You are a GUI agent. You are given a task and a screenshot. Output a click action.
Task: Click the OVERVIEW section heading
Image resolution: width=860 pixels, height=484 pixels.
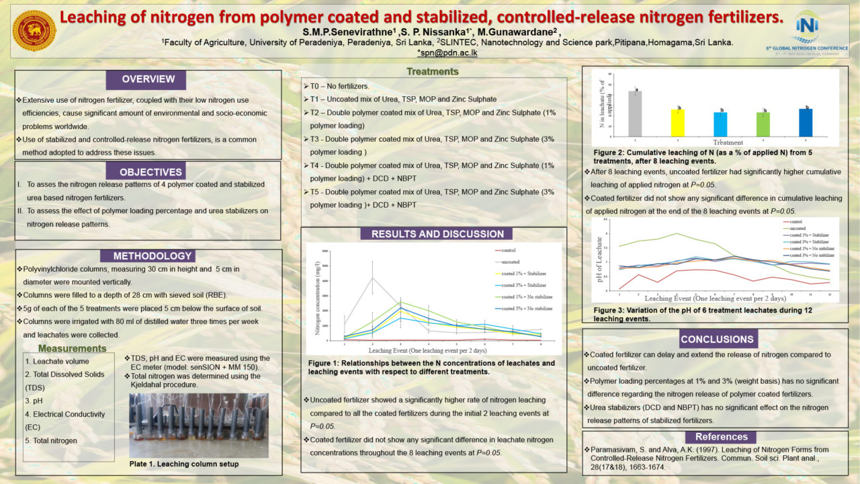pos(148,79)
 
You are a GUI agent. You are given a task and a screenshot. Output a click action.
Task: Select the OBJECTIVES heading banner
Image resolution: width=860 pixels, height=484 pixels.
pos(147,172)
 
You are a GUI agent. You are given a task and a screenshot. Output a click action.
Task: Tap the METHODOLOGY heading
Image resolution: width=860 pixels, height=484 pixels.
pos(148,256)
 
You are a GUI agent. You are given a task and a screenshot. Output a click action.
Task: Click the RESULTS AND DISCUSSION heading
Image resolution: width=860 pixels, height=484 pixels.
pos(437,234)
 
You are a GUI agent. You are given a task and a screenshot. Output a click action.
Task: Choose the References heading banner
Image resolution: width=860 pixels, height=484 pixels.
pos(722,437)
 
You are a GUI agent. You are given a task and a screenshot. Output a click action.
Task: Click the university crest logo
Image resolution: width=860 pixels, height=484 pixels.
pos(34,30)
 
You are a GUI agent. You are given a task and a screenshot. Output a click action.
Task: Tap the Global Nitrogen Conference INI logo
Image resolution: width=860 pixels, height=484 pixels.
pos(806,30)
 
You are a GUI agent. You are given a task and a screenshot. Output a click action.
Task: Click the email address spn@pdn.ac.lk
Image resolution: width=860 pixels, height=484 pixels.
pos(447,52)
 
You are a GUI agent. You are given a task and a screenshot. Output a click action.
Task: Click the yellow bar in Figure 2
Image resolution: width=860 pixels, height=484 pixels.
pos(679,122)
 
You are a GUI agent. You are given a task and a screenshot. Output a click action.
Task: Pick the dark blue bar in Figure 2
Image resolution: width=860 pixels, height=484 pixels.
pos(806,121)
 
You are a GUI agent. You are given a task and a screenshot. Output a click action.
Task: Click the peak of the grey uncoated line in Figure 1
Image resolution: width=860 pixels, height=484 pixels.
pos(372,278)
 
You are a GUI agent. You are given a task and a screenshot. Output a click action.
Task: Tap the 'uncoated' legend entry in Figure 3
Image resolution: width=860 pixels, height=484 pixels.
pos(800,229)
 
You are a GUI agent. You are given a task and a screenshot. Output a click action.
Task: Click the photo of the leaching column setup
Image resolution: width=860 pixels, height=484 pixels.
pos(198,425)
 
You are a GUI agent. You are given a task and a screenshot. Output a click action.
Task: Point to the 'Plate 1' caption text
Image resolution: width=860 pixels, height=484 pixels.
pos(183,464)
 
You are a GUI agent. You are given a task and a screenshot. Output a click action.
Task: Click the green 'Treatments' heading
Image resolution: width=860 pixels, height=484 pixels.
pos(433,71)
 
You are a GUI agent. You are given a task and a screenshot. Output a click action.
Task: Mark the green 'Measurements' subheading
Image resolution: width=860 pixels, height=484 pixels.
pos(72,348)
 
